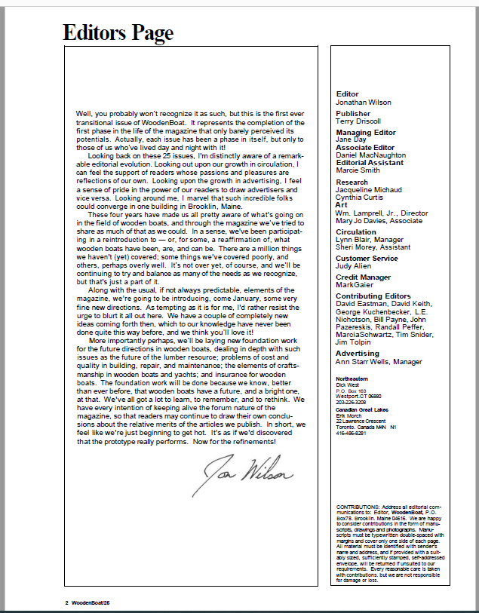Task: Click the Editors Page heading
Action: (118, 32)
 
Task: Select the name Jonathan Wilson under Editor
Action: (364, 101)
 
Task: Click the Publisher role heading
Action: (354, 113)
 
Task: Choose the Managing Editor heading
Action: (365, 133)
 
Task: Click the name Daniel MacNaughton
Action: (370, 155)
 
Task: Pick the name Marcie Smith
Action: (358, 170)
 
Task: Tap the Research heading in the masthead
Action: (352, 182)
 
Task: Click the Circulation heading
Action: (355, 232)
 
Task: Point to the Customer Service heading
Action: (367, 259)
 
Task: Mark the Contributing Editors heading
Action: (373, 296)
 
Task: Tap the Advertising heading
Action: (358, 354)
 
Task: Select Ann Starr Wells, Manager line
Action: (379, 362)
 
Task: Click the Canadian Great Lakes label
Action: (363, 409)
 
